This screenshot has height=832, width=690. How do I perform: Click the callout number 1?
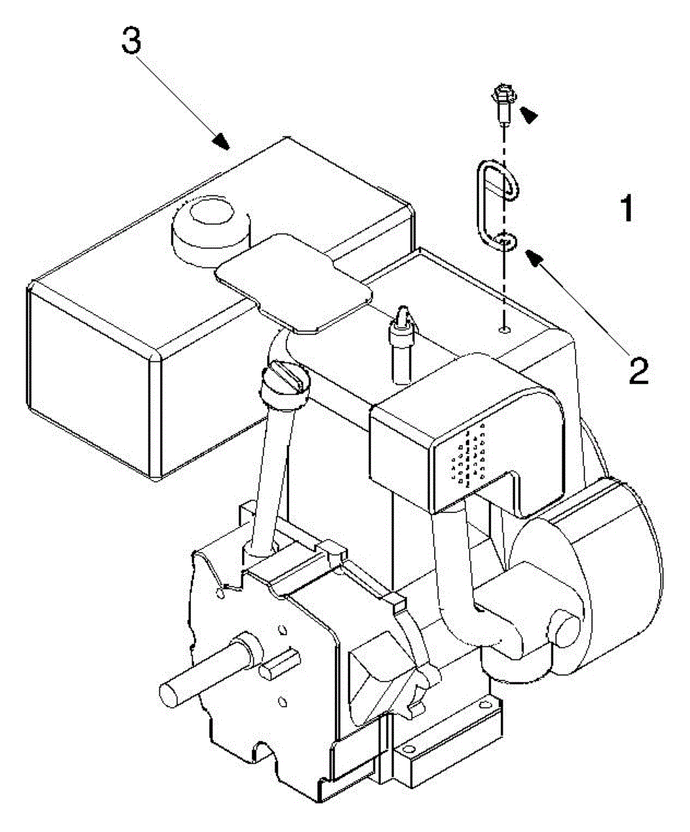(626, 208)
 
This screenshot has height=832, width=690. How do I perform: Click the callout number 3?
(131, 41)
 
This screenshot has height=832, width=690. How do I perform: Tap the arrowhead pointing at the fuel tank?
(221, 142)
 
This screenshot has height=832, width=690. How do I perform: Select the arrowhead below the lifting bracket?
(533, 259)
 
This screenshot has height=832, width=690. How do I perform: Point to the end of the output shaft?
(170, 694)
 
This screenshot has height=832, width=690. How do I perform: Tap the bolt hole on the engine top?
(505, 328)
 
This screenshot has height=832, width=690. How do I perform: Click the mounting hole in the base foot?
(410, 747)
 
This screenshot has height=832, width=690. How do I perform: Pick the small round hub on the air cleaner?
(562, 625)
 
